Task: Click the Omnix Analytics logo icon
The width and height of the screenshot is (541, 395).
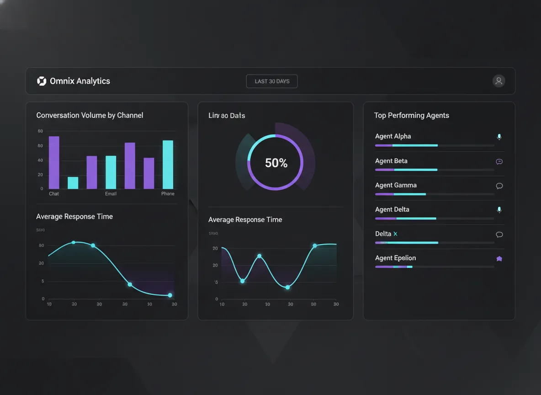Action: pyautogui.click(x=42, y=81)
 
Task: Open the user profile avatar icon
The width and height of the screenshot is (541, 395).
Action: pyautogui.click(x=499, y=81)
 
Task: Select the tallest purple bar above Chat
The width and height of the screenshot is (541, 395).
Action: pyautogui.click(x=54, y=162)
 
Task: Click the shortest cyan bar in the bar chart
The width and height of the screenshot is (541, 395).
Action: pyautogui.click(x=73, y=183)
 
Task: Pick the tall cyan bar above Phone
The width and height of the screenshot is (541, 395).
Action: pyautogui.click(x=168, y=165)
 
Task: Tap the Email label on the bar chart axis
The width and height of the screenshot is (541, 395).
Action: pyautogui.click(x=111, y=194)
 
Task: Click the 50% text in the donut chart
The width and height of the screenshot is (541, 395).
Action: pyautogui.click(x=276, y=163)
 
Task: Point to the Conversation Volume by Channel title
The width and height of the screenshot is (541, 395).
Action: pyautogui.click(x=90, y=115)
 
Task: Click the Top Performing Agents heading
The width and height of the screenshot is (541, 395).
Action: pyautogui.click(x=411, y=115)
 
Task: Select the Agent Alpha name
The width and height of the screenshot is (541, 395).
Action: pyautogui.click(x=392, y=136)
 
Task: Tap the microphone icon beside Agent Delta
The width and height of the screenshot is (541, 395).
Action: pyautogui.click(x=499, y=210)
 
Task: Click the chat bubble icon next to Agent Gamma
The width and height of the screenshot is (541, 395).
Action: pyautogui.click(x=499, y=186)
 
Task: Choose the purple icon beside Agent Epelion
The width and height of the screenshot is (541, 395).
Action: pyautogui.click(x=499, y=259)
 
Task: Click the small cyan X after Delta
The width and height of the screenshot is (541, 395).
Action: pyautogui.click(x=395, y=234)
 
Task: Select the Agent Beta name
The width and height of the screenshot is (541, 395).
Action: pyautogui.click(x=391, y=161)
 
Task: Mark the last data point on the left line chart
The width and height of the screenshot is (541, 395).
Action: pyautogui.click(x=170, y=295)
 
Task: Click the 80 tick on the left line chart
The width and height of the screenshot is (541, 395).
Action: pyautogui.click(x=42, y=246)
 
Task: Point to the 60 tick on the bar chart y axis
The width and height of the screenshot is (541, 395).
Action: pyautogui.click(x=40, y=146)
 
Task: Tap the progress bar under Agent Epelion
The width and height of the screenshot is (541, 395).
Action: pyautogui.click(x=393, y=267)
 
